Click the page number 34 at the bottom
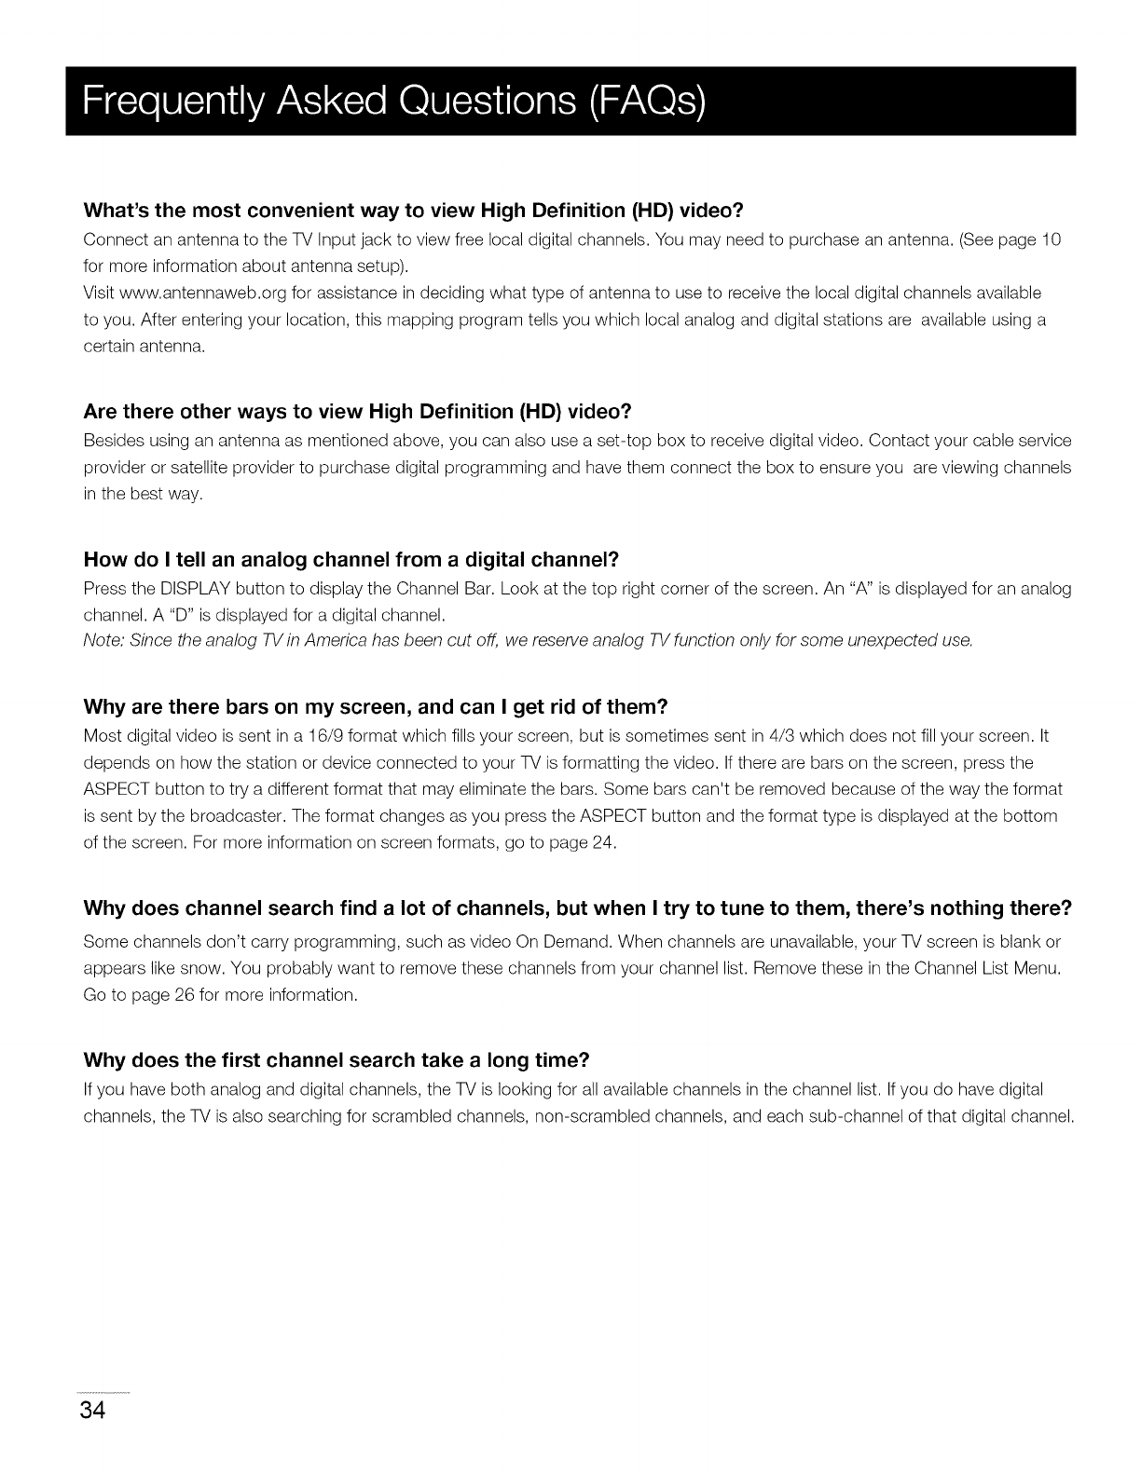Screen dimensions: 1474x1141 pyautogui.click(x=93, y=1410)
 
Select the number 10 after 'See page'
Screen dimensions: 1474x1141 pyautogui.click(x=1051, y=240)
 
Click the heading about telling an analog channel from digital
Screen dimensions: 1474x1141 pyautogui.click(x=351, y=560)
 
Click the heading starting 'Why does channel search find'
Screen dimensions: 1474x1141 pyautogui.click(x=578, y=908)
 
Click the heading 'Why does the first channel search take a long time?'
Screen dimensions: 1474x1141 pyautogui.click(x=337, y=1061)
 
